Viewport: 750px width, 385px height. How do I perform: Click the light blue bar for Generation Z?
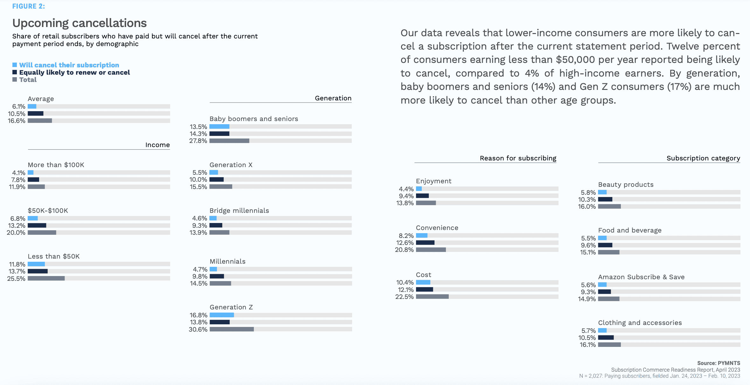pyautogui.click(x=222, y=315)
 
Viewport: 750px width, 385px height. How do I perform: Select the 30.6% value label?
pyautogui.click(x=198, y=329)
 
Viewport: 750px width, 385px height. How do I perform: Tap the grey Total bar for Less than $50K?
pyautogui.click(x=46, y=278)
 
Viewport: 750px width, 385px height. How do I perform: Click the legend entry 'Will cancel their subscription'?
pyautogui.click(x=69, y=65)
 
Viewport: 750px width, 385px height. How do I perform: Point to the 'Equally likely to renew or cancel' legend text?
pyautogui.click(x=74, y=72)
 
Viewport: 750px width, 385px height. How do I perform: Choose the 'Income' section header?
pyautogui.click(x=157, y=145)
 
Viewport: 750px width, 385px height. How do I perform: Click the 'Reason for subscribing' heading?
pyautogui.click(x=518, y=158)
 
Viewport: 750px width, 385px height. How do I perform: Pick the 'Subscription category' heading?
pyautogui.click(x=703, y=158)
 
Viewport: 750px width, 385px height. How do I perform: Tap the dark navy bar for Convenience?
pyautogui.click(x=425, y=243)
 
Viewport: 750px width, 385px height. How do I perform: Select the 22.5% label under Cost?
pyautogui.click(x=404, y=297)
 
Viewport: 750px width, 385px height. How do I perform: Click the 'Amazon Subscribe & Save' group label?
pyautogui.click(x=641, y=277)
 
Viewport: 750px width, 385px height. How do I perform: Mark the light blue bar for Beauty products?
pyautogui.click(x=602, y=192)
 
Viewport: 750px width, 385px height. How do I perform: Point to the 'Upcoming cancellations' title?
pyautogui.click(x=80, y=23)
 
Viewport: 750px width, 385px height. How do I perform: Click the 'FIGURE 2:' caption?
pyautogui.click(x=29, y=6)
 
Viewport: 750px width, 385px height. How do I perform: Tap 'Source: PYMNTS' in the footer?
pyautogui.click(x=719, y=363)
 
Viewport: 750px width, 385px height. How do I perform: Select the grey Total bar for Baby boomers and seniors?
pyautogui.click(x=229, y=141)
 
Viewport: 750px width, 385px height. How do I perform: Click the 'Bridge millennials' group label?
pyautogui.click(x=239, y=211)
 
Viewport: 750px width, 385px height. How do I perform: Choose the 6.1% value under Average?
pyautogui.click(x=19, y=106)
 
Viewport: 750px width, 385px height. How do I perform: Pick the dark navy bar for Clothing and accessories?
pyautogui.click(x=606, y=337)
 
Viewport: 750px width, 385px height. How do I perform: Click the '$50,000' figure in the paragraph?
pyautogui.click(x=575, y=60)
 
